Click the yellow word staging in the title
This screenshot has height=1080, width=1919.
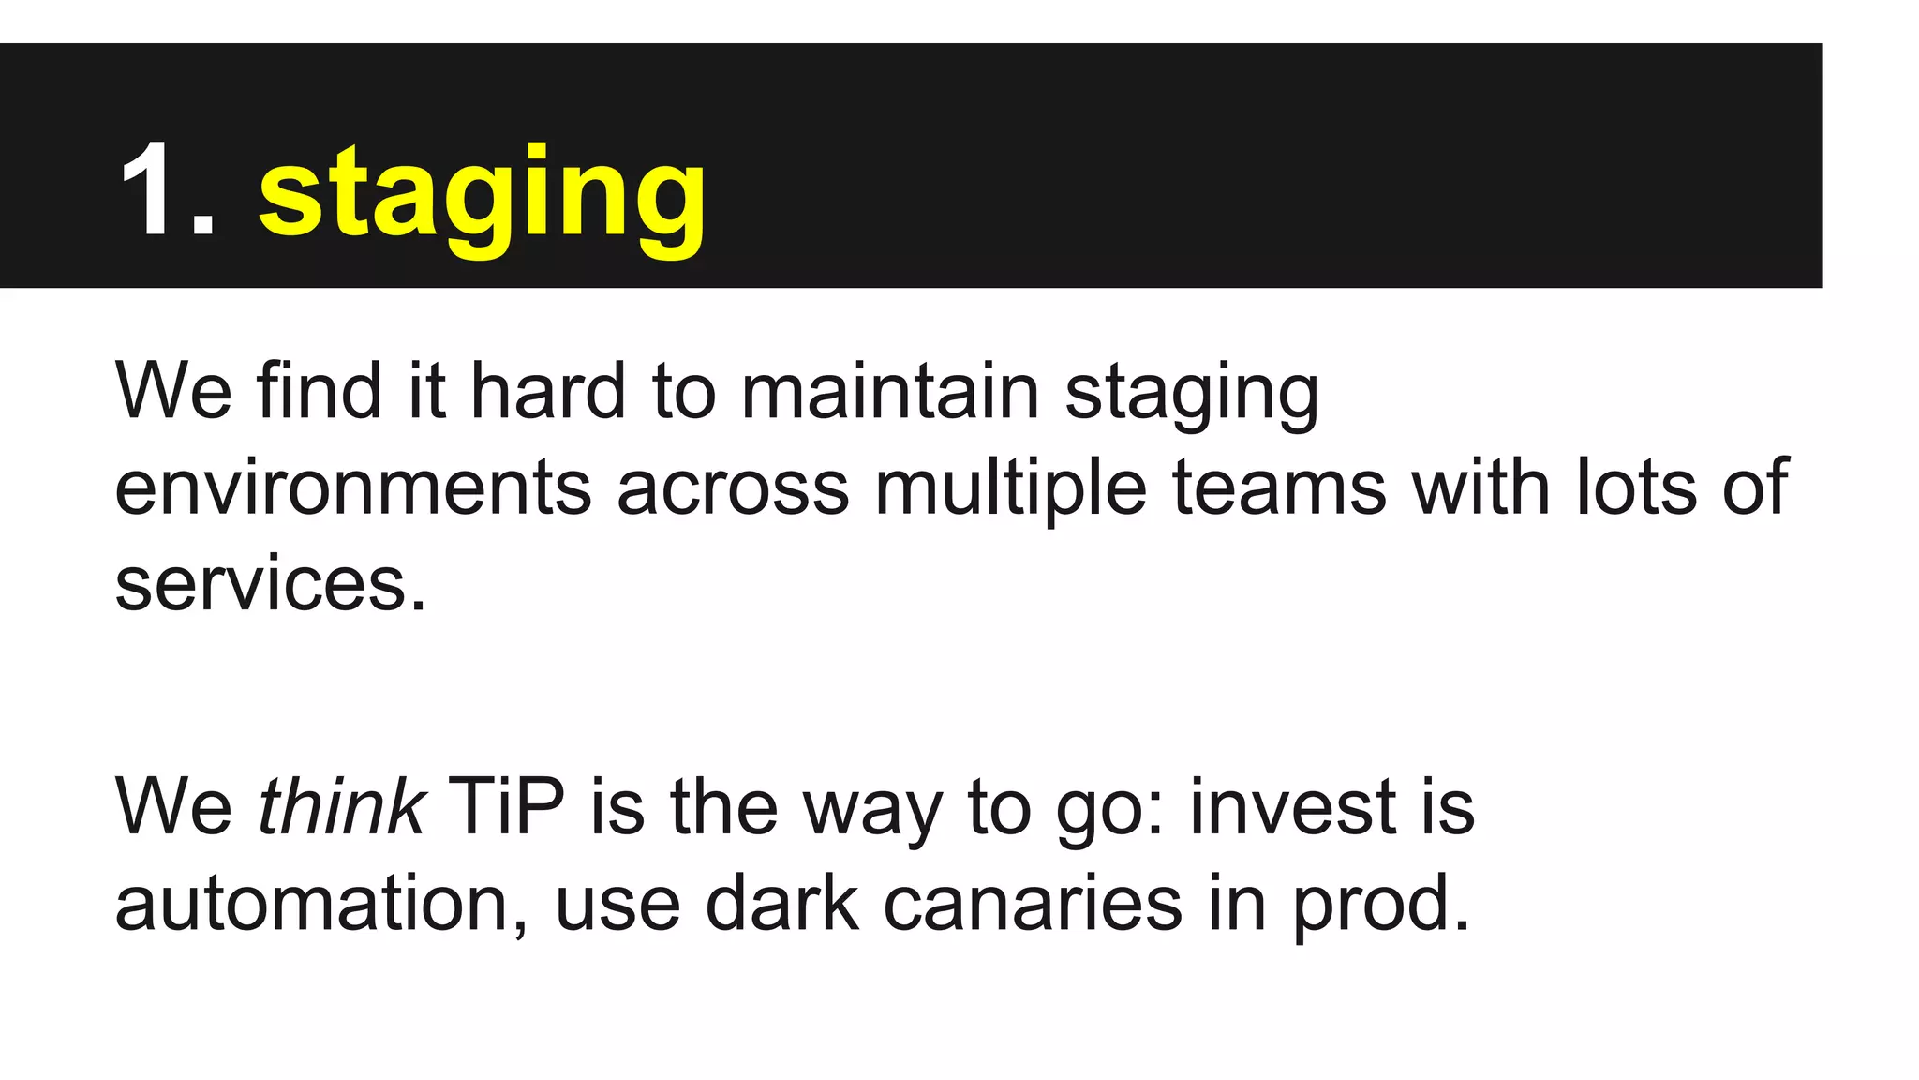[x=482, y=197]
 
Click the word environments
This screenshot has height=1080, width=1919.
[x=353, y=487]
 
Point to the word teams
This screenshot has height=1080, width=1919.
[x=1279, y=487]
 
